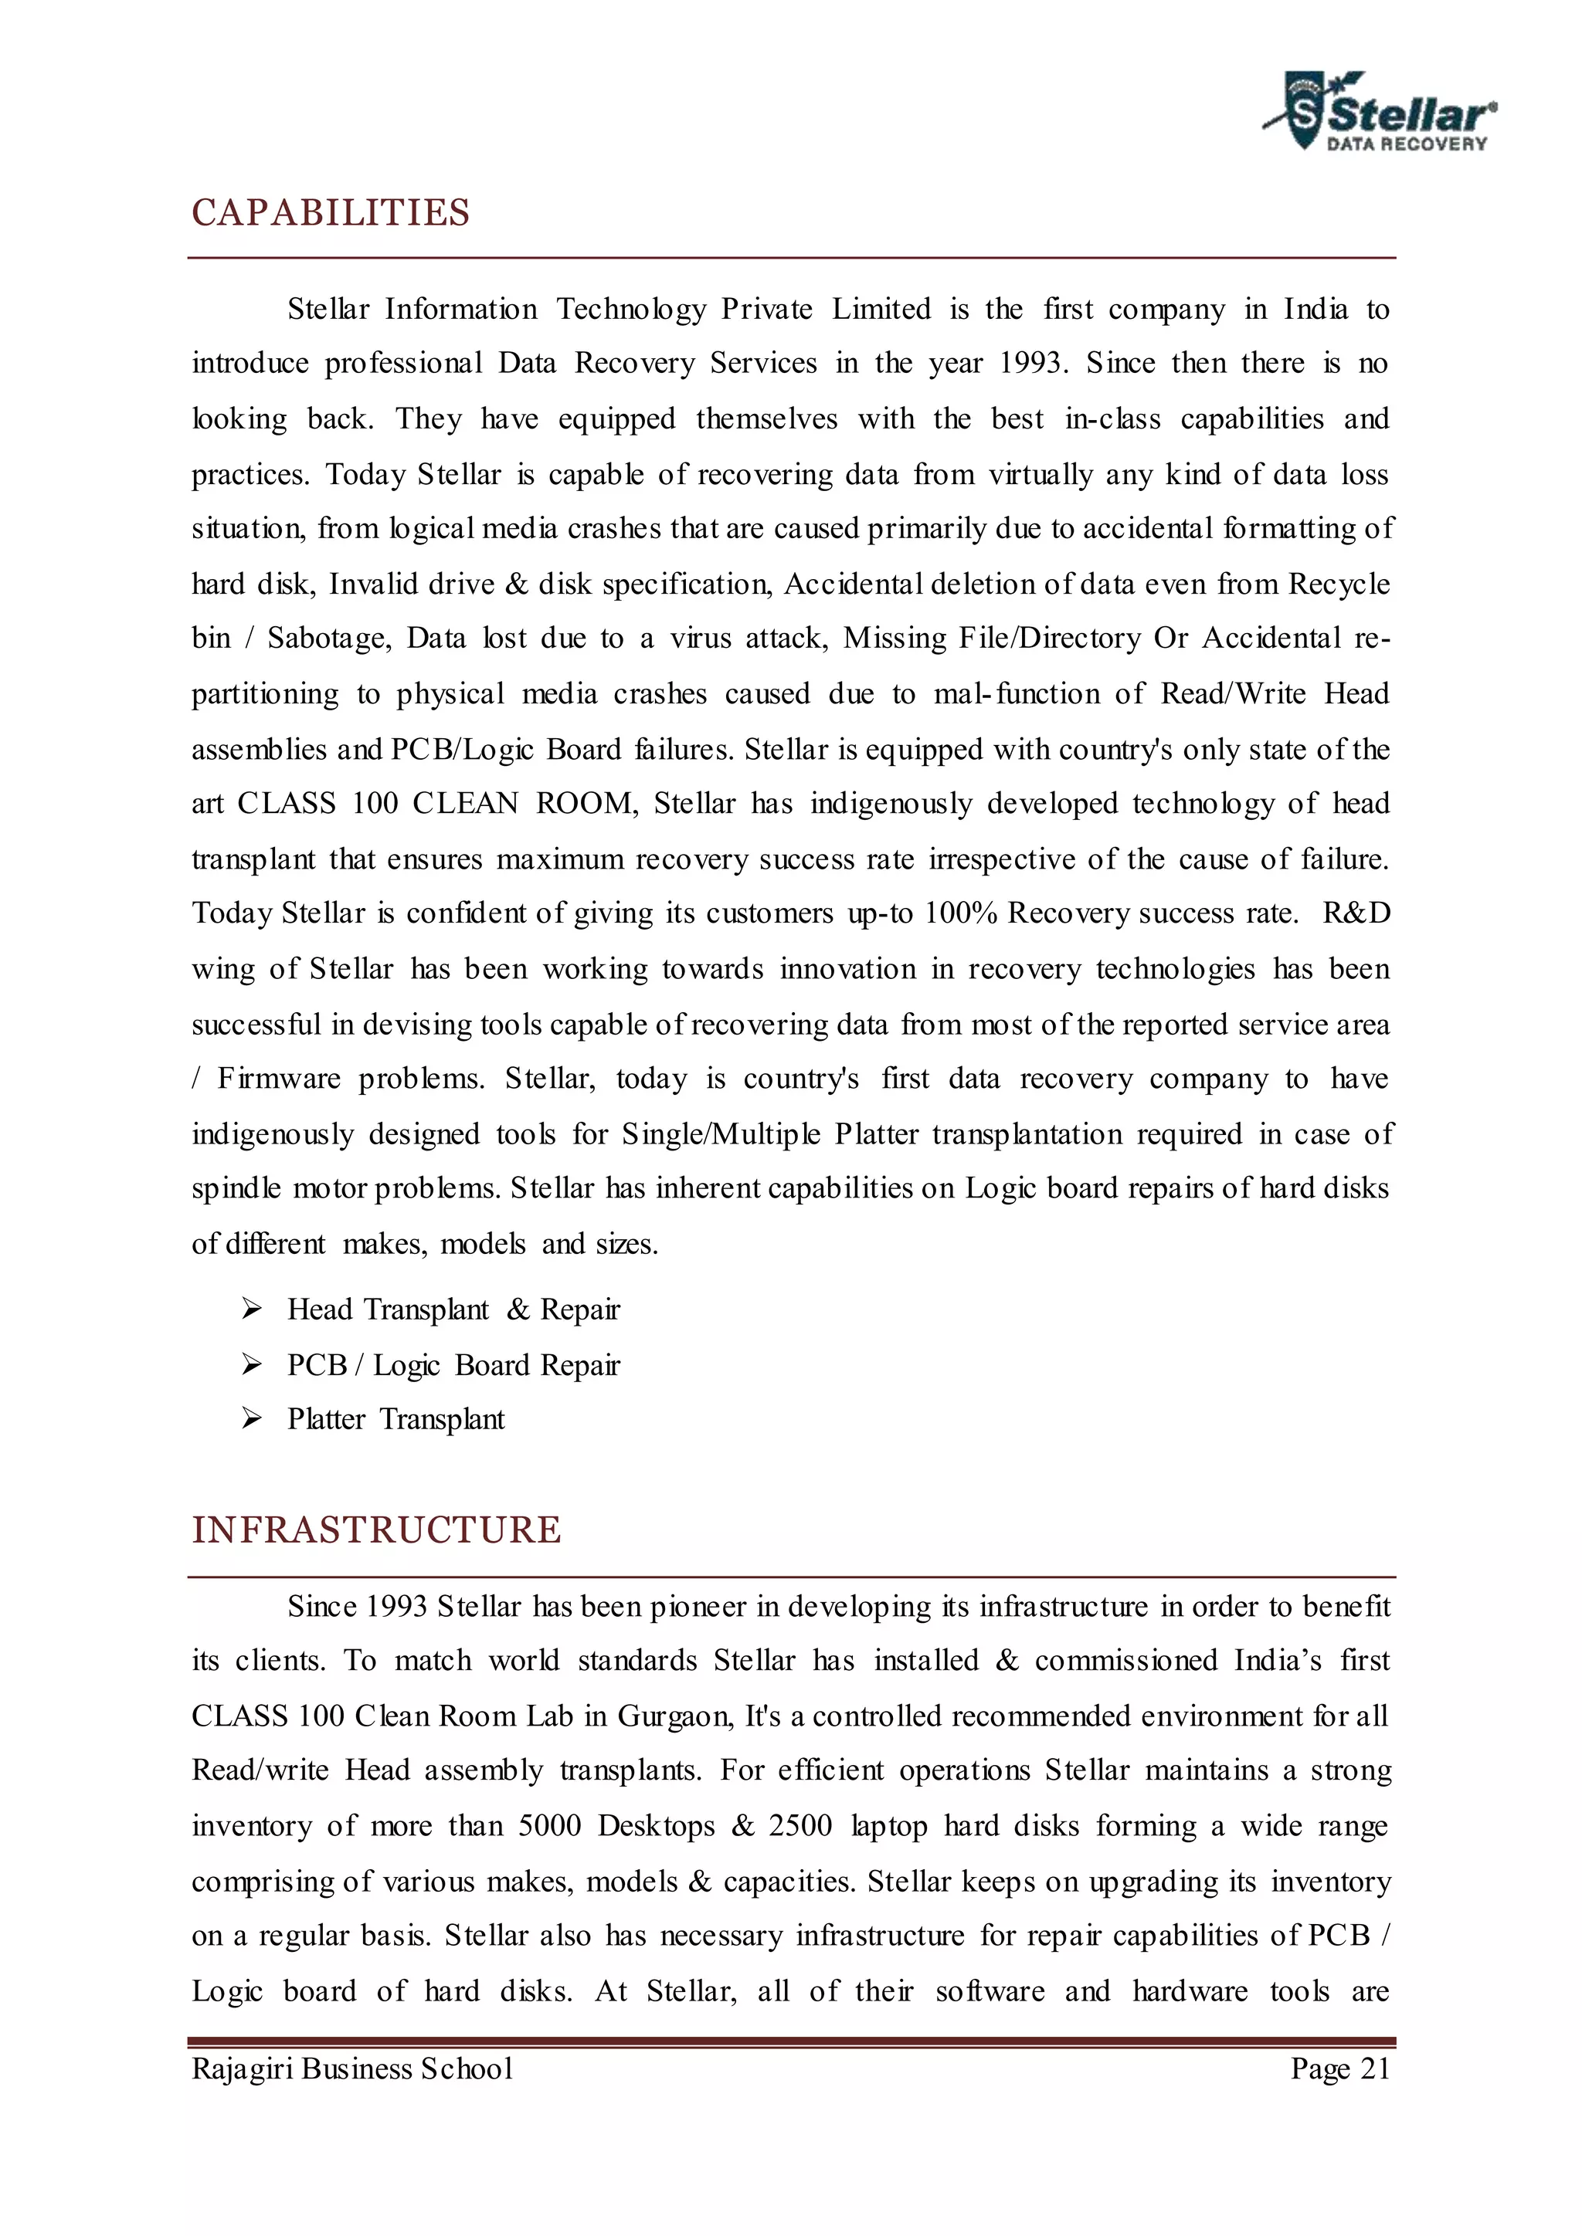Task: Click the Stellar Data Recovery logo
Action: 1380,113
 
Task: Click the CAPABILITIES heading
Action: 331,212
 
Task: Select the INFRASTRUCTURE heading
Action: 376,1530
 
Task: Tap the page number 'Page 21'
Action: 1339,2068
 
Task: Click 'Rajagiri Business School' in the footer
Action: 351,2068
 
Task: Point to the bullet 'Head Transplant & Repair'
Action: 453,1309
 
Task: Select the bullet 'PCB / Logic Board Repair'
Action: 453,1365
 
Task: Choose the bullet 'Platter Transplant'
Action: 395,1420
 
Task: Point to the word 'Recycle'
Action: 1339,584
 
